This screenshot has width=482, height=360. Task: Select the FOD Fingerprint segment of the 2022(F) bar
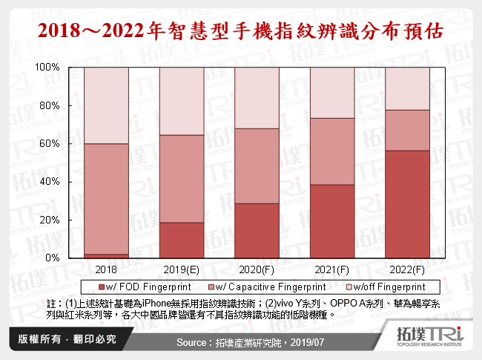click(x=407, y=204)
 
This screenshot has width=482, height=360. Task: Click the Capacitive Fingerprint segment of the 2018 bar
click(x=106, y=198)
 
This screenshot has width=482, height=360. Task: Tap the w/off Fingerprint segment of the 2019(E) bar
click(x=182, y=101)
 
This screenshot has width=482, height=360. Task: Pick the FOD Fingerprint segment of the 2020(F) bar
click(x=257, y=230)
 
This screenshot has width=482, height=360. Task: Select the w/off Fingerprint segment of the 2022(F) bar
click(x=407, y=88)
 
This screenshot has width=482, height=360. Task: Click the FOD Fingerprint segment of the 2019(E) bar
click(x=182, y=240)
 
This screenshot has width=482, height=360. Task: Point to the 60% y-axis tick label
click(x=49, y=144)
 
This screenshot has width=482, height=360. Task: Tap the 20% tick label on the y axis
click(x=49, y=220)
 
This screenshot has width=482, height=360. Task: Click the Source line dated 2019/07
click(x=241, y=342)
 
